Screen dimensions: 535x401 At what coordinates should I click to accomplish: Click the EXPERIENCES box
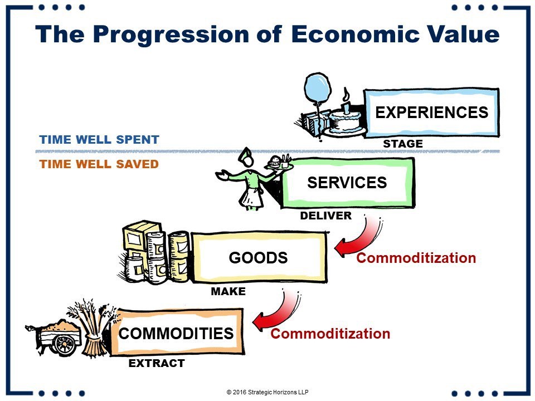point(431,113)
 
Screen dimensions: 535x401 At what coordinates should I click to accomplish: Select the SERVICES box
point(347,183)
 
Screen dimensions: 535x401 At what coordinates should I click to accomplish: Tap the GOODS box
point(259,257)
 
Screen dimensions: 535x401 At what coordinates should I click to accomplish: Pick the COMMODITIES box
point(176,332)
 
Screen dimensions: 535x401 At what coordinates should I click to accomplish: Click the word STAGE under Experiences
point(403,144)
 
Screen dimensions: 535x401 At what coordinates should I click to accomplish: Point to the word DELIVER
point(326,216)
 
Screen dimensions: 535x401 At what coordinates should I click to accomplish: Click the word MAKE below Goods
point(228,291)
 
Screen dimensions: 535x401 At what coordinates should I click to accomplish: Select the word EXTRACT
point(157,363)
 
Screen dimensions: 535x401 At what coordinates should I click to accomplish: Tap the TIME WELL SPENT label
point(99,139)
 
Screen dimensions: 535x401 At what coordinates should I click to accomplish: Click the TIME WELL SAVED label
point(99,164)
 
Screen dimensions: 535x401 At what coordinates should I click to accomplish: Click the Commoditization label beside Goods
point(416,258)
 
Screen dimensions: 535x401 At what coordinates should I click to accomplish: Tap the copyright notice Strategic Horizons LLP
point(267,392)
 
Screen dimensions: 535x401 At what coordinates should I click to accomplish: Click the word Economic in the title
point(355,34)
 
